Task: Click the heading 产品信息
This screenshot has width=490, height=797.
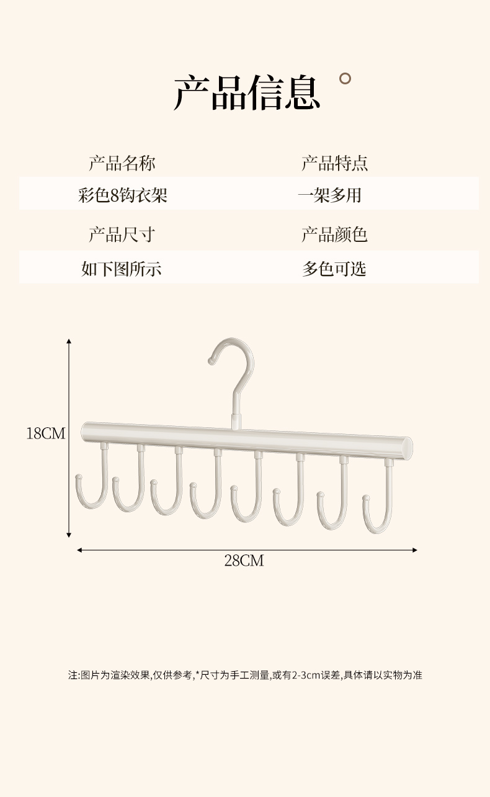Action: (x=247, y=93)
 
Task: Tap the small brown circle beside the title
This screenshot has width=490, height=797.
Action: (x=345, y=78)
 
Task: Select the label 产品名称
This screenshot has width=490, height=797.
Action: (x=122, y=163)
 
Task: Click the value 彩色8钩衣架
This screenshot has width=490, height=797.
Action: (x=123, y=196)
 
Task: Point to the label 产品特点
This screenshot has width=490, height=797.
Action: (x=335, y=163)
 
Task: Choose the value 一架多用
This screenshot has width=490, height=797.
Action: (x=329, y=196)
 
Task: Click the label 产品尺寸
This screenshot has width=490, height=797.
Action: (x=122, y=234)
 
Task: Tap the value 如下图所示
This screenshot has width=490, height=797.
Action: (x=122, y=268)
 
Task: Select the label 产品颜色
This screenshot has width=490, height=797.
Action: (x=335, y=234)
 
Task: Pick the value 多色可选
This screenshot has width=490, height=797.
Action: (x=334, y=268)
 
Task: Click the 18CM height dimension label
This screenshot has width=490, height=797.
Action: (x=45, y=433)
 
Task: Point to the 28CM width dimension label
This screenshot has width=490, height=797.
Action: (x=244, y=561)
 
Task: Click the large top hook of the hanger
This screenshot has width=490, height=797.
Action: (x=238, y=372)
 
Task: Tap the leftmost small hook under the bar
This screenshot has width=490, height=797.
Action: (x=93, y=484)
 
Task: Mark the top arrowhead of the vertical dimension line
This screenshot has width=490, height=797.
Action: (x=69, y=341)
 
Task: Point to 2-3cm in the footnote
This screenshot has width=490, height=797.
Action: (x=304, y=675)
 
